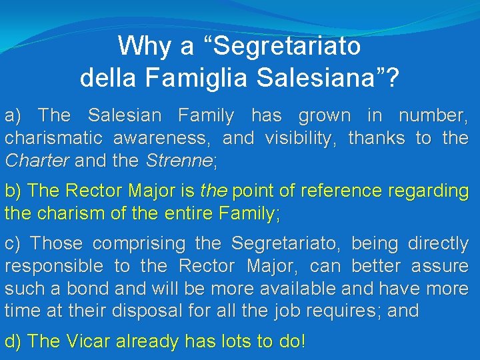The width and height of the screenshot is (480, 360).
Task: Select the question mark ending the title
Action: [x=393, y=78]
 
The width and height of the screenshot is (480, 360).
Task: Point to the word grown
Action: [x=325, y=116]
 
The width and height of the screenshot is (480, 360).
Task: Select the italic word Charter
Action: [x=37, y=161]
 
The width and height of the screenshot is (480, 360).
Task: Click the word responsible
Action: [x=53, y=267]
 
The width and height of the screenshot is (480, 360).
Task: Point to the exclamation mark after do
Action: [x=303, y=342]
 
